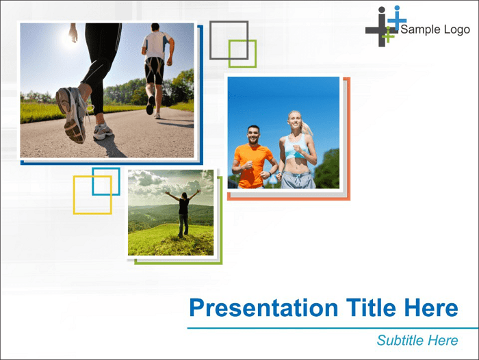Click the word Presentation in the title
click(x=263, y=308)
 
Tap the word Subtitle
click(x=400, y=340)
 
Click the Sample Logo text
click(x=435, y=29)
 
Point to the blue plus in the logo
click(x=397, y=21)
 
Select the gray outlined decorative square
click(x=229, y=22)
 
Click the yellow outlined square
click(x=74, y=194)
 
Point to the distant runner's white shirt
click(x=157, y=45)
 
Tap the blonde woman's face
click(x=294, y=120)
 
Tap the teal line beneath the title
click(x=333, y=329)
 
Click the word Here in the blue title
click(x=431, y=307)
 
